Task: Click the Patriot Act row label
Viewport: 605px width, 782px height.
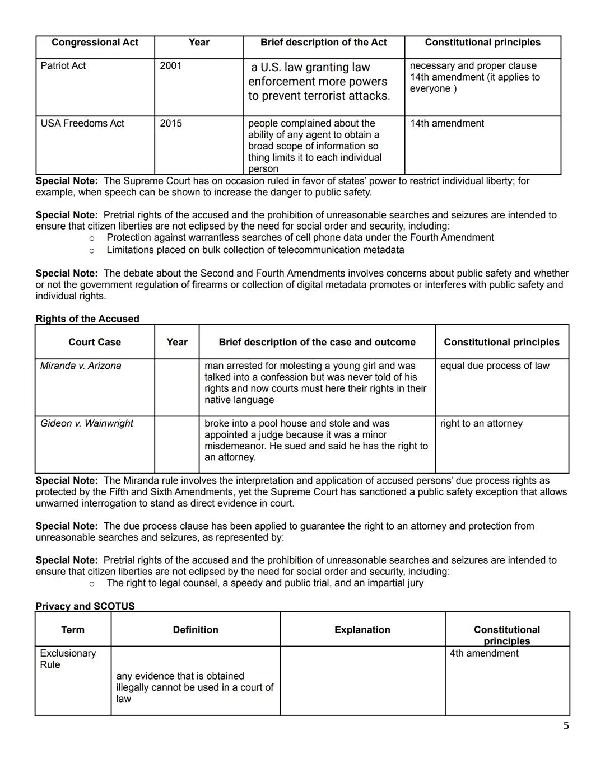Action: click(x=63, y=65)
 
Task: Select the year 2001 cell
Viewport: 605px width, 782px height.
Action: click(x=171, y=65)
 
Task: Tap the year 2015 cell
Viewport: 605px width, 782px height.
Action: click(x=171, y=123)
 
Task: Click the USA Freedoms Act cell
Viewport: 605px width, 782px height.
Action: click(x=82, y=123)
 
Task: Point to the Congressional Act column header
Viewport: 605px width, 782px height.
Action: click(x=95, y=43)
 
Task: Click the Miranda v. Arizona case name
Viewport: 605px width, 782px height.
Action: click(x=81, y=366)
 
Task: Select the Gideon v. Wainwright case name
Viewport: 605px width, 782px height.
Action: click(x=87, y=423)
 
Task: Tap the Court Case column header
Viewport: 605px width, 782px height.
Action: click(x=95, y=342)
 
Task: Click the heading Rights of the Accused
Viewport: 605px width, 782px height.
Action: click(x=87, y=319)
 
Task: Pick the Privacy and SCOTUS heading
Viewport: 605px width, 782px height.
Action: click(x=85, y=606)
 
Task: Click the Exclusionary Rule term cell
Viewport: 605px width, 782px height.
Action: click(x=68, y=659)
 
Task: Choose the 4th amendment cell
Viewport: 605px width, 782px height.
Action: click(x=484, y=653)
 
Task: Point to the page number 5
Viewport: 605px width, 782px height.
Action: click(x=566, y=726)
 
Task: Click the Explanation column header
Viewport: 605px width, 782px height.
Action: click(x=362, y=630)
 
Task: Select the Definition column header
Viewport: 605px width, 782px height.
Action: click(x=196, y=630)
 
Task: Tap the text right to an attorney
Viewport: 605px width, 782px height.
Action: click(x=481, y=423)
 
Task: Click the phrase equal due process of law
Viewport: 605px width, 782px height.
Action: click(x=495, y=366)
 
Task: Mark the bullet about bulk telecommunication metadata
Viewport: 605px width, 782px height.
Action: click(x=255, y=250)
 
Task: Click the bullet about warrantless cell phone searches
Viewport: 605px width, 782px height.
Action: click(x=300, y=237)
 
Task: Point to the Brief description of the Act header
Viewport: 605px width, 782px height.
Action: click(x=324, y=43)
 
